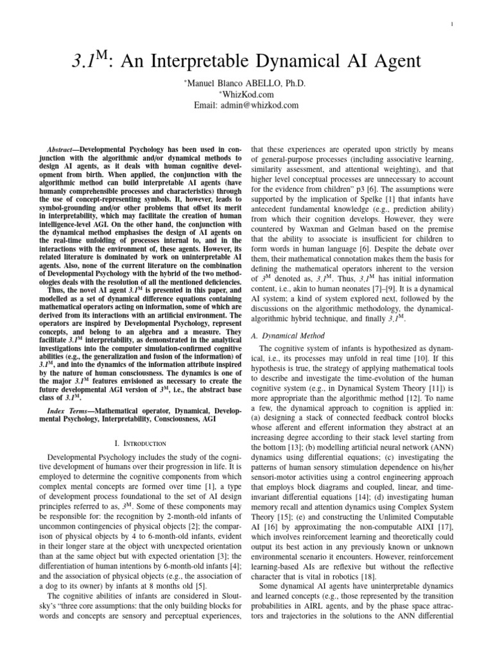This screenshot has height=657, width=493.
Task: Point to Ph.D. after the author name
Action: [295, 83]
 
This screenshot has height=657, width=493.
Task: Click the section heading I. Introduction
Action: [139, 443]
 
